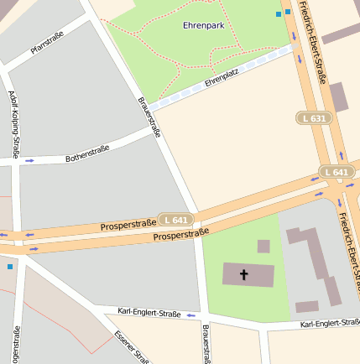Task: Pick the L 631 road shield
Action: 312,118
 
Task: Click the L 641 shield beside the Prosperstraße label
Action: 177,220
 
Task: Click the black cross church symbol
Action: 245,274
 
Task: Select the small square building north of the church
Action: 263,247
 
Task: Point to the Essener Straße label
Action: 131,347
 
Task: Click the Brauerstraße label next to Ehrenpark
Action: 149,117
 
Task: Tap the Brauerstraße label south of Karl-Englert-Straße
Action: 205,344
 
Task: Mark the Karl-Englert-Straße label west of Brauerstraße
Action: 149,312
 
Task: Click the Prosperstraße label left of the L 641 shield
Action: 128,225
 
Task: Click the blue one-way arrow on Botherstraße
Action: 30,160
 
